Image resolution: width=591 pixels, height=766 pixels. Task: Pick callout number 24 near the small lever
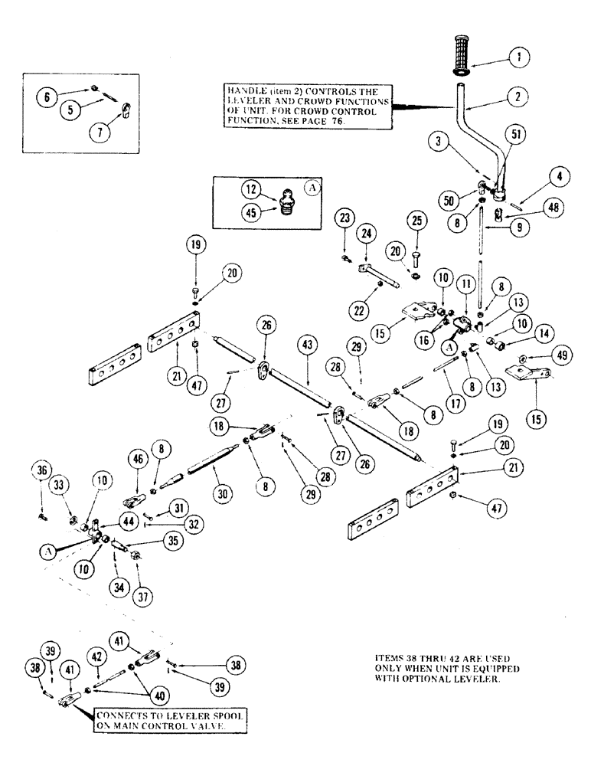pos(366,233)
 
